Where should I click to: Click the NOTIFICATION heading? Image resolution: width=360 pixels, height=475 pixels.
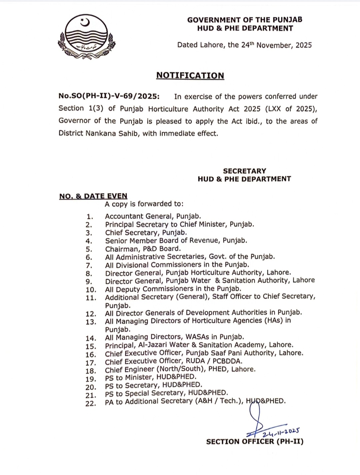pyautogui.click(x=190, y=76)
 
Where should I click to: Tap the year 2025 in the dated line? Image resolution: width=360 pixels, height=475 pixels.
pyautogui.click(x=303, y=45)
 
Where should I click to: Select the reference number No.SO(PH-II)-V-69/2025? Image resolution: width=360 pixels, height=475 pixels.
pyautogui.click(x=109, y=96)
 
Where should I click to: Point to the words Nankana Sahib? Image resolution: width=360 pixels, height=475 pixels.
pyautogui.click(x=111, y=133)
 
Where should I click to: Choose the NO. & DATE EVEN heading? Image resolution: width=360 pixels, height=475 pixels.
pyautogui.click(x=93, y=196)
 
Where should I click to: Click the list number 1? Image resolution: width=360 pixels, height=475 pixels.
pyautogui.click(x=89, y=217)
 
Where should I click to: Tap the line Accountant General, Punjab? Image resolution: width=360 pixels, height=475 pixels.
pyautogui.click(x=153, y=216)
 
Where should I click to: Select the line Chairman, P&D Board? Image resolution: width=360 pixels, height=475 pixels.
pyautogui.click(x=143, y=249)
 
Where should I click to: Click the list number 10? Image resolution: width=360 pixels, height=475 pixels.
pyautogui.click(x=91, y=290)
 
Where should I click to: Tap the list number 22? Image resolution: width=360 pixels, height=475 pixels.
pyautogui.click(x=91, y=403)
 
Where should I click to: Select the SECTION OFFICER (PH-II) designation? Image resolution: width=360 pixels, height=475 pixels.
pyautogui.click(x=255, y=442)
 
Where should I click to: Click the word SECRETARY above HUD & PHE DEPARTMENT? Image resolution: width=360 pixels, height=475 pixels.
pyautogui.click(x=244, y=171)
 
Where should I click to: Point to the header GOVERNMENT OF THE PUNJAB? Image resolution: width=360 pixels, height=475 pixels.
pyautogui.click(x=245, y=20)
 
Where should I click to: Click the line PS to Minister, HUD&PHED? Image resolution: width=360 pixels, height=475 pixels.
pyautogui.click(x=151, y=377)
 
